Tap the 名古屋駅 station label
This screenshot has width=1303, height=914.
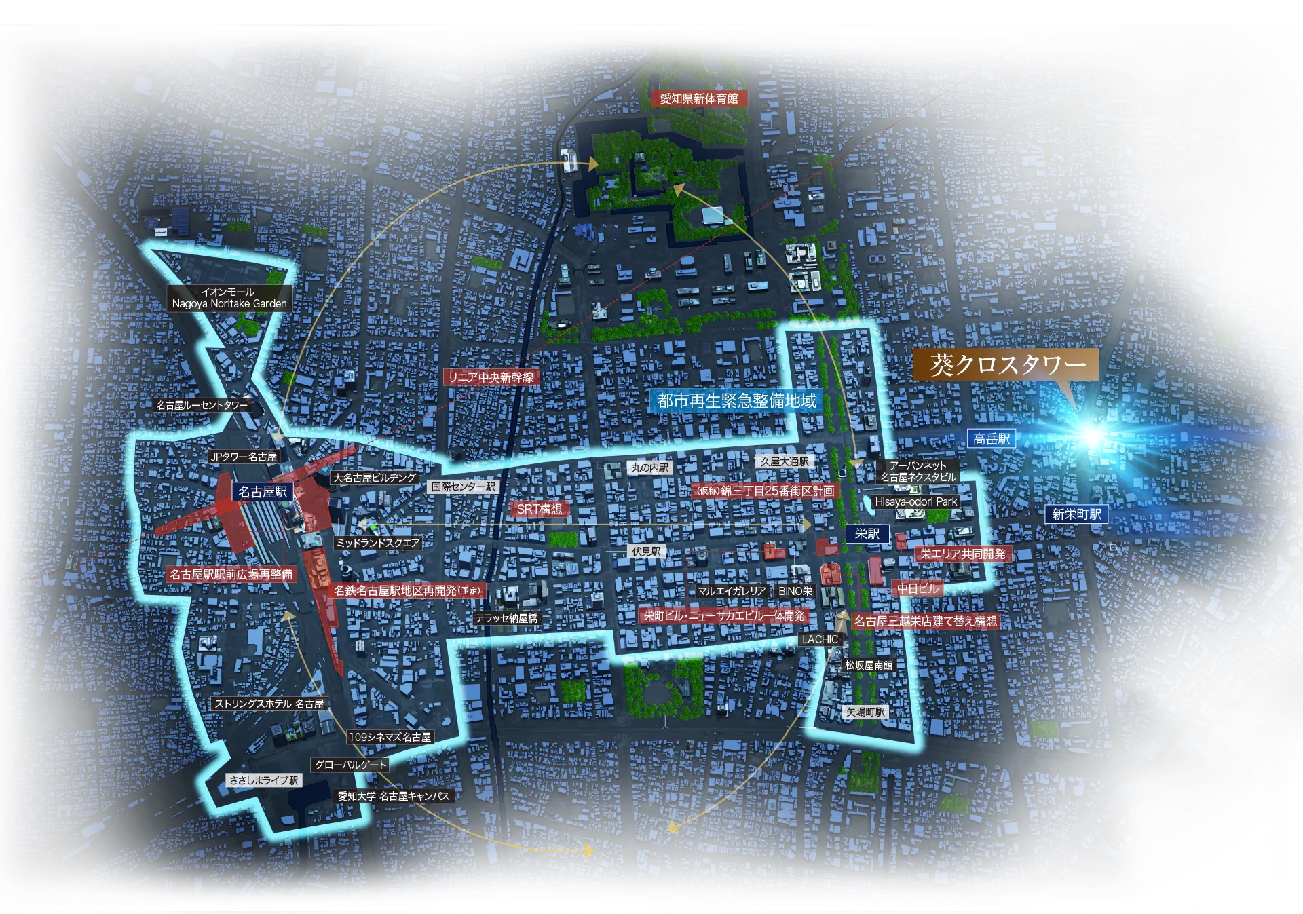tap(263, 491)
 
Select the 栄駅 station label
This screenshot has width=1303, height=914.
tap(867, 534)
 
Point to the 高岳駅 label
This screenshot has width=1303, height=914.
tap(991, 439)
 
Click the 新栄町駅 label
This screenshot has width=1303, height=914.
tap(1076, 514)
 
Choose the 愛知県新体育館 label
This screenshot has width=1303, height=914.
tap(698, 98)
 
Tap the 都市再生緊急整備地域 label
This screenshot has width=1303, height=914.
tap(736, 400)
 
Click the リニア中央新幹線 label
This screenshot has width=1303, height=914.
tap(491, 377)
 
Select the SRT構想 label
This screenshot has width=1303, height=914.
tap(540, 509)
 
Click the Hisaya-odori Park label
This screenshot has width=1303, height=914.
tap(915, 501)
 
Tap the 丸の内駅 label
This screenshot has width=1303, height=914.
tap(649, 468)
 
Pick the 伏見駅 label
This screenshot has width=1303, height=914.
tap(646, 552)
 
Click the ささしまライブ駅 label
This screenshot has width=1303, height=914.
tap(264, 780)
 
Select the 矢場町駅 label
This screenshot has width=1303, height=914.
tap(865, 712)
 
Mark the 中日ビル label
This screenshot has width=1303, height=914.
tap(918, 588)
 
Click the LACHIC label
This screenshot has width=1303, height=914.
tap(820, 639)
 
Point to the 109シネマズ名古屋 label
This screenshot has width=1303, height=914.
tap(390, 737)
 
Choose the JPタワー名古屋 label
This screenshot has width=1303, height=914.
tap(244, 457)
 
